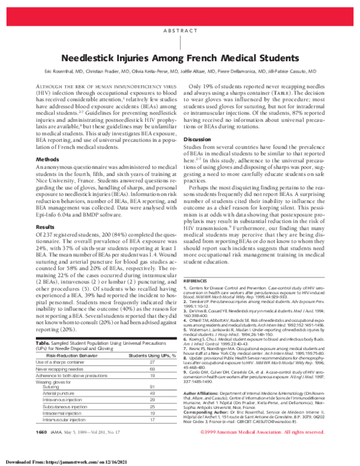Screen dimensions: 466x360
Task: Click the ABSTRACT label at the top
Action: point(180,31)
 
